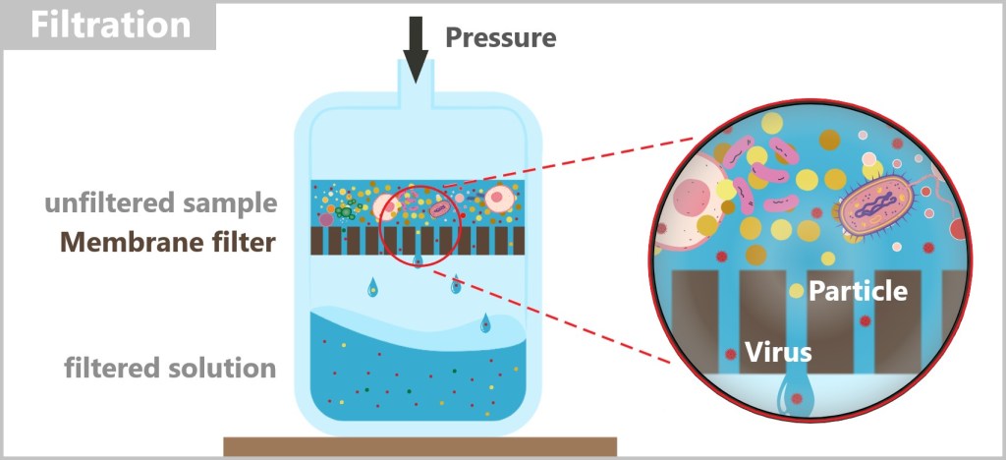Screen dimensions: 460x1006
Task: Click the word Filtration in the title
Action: tap(109, 25)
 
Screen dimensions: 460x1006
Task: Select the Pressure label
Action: tap(500, 38)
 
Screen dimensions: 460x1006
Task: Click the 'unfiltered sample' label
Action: tap(160, 204)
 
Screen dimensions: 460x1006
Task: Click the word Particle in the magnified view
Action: tap(858, 291)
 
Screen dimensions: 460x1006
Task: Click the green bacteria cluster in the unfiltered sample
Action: tap(345, 210)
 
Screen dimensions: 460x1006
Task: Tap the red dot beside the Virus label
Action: tap(730, 354)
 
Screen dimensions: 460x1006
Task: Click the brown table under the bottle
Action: tap(419, 447)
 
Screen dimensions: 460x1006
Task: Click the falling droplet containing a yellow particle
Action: tap(456, 285)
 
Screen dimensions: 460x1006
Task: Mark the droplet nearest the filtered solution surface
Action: tap(485, 323)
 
